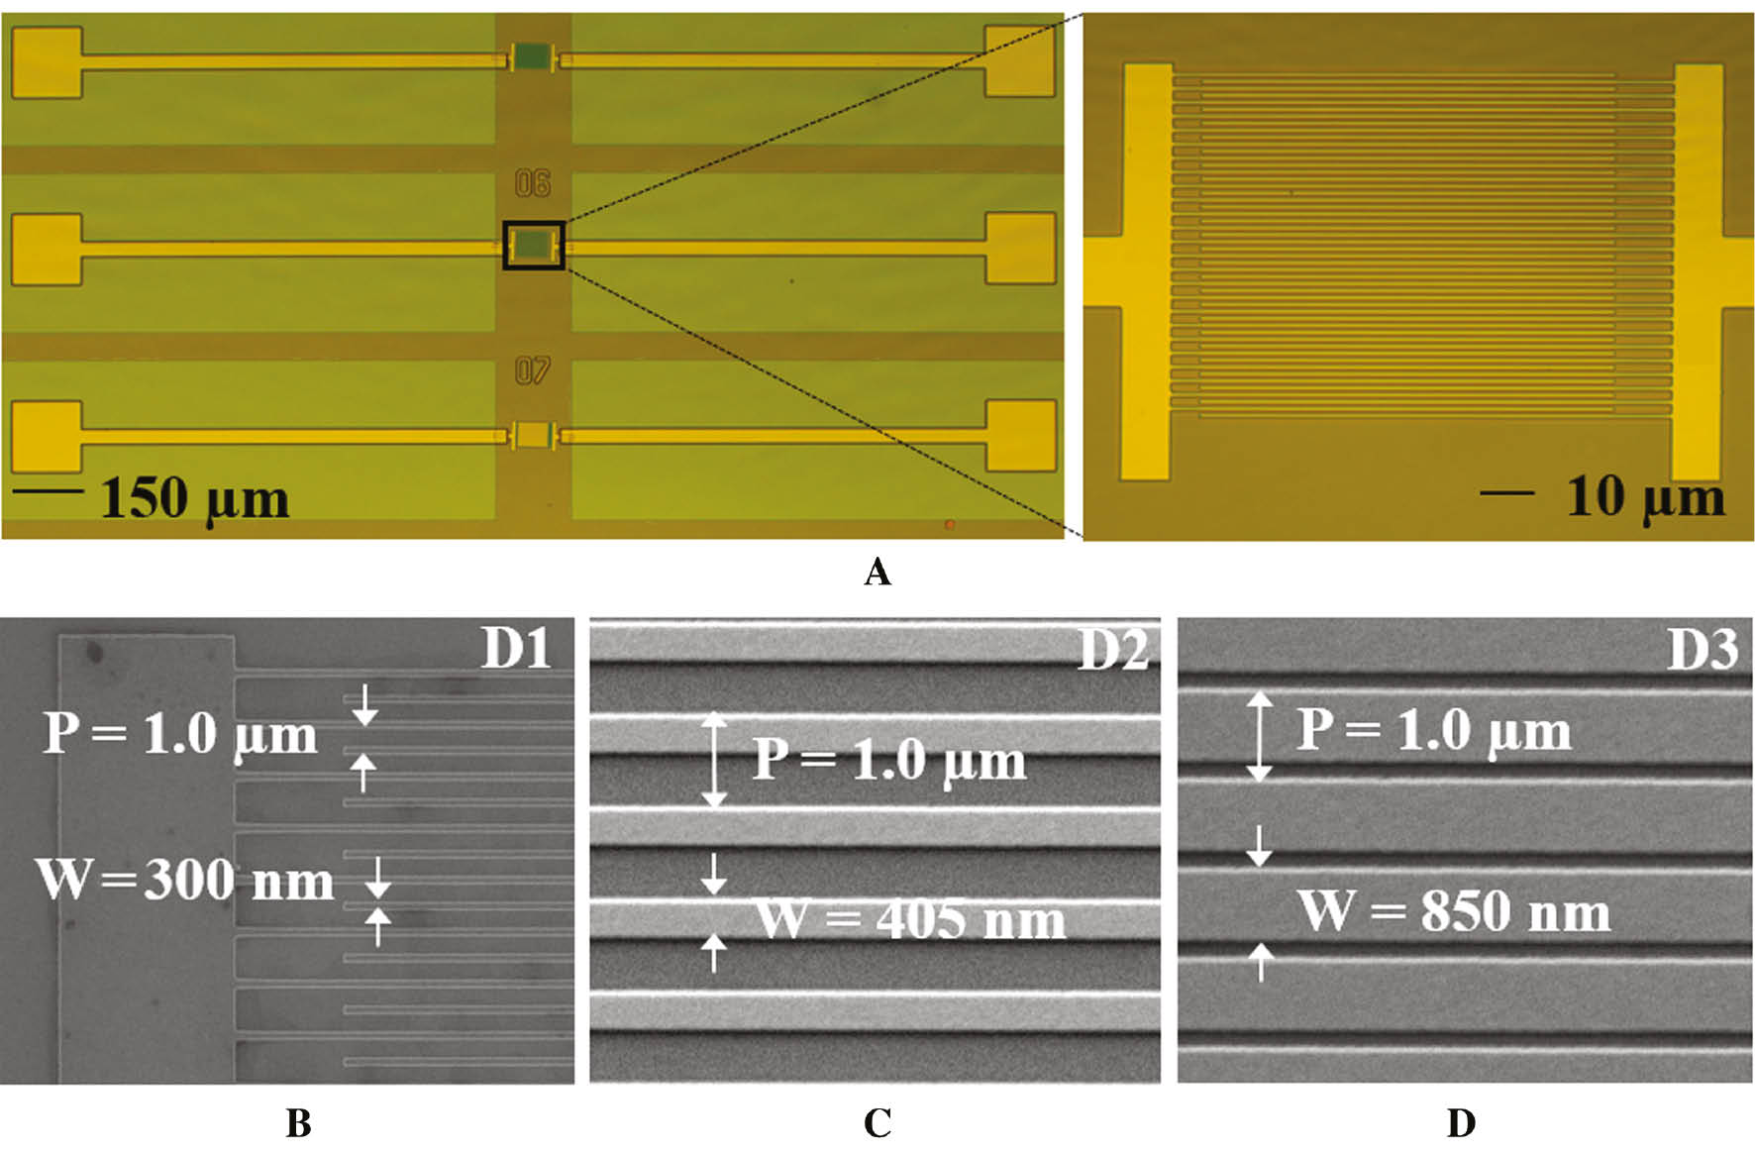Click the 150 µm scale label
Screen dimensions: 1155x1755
tap(194, 498)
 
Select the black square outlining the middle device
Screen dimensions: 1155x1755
tap(534, 245)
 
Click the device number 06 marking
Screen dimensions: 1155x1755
tap(533, 183)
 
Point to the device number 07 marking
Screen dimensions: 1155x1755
tap(533, 370)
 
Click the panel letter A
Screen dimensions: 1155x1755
tap(877, 573)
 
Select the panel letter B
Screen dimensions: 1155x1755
tap(298, 1123)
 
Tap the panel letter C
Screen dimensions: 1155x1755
tap(877, 1123)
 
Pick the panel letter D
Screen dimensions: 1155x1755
tap(1461, 1123)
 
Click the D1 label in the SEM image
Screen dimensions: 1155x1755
tap(516, 649)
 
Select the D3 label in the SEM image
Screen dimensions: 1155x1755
tap(1703, 649)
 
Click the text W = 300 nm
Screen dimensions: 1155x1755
tap(185, 879)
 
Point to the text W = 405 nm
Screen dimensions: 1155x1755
tap(910, 919)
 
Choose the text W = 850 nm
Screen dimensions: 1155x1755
tap(1454, 910)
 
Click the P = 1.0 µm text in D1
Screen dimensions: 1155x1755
tap(180, 734)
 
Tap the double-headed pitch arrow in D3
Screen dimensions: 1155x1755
tap(1259, 736)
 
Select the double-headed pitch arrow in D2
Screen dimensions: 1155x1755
tap(714, 761)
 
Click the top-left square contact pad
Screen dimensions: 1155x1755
tap(46, 62)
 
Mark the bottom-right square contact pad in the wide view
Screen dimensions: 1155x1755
tap(1020, 436)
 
